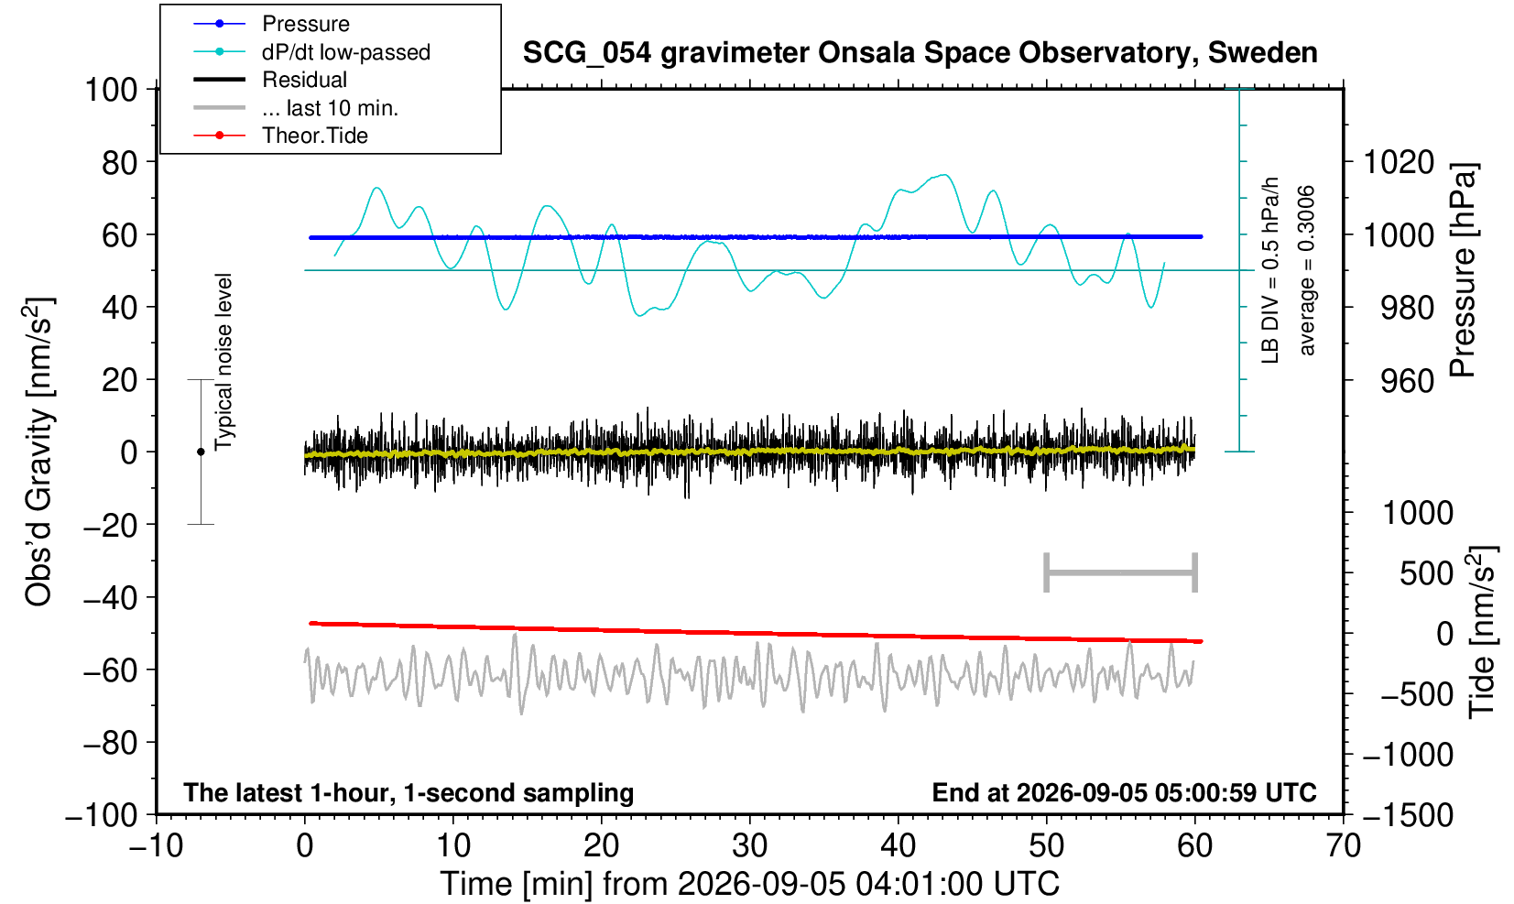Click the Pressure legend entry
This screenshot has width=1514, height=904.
271,24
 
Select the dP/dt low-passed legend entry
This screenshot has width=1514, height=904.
311,52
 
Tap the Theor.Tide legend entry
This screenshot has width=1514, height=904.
280,136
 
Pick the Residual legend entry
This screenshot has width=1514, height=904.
269,80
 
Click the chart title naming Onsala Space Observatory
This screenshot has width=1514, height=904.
920,52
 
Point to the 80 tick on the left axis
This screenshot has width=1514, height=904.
120,162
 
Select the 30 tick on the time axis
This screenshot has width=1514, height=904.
749,846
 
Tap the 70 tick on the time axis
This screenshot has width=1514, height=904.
1343,846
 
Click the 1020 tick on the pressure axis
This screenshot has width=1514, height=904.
1399,162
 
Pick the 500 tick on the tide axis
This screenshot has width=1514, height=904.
1426,573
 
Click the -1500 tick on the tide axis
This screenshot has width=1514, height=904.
1408,815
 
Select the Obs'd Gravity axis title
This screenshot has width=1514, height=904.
38,452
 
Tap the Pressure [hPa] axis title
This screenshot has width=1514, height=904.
1463,270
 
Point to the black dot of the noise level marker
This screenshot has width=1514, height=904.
201,452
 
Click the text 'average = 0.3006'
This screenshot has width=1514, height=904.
1306,270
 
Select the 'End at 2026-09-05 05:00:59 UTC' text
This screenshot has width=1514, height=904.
1124,792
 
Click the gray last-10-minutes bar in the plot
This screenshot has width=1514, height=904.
1121,572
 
